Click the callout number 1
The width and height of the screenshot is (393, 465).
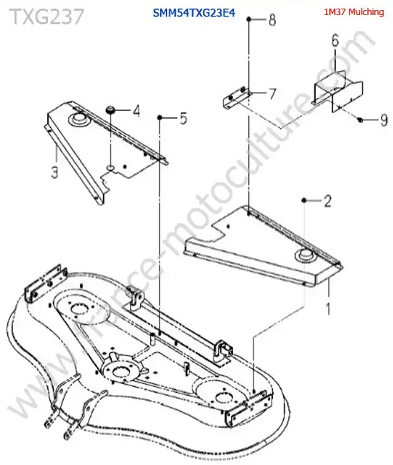pyautogui.click(x=328, y=308)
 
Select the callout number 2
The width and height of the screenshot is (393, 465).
pyautogui.click(x=327, y=201)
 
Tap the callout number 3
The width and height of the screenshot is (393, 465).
pyautogui.click(x=54, y=172)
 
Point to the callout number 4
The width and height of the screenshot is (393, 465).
pyautogui.click(x=136, y=111)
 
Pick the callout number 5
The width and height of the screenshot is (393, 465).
pyautogui.click(x=184, y=118)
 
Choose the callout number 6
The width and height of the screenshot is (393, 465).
pyautogui.click(x=335, y=41)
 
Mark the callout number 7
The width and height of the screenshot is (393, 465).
pyautogui.click(x=272, y=94)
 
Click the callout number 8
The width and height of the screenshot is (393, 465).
pyautogui.click(x=272, y=20)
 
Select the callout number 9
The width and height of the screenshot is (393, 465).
pyautogui.click(x=384, y=120)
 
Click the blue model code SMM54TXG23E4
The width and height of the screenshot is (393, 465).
pyautogui.click(x=194, y=13)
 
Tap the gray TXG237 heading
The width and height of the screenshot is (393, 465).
pyautogui.click(x=46, y=16)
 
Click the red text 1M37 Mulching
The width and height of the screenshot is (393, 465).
pyautogui.click(x=354, y=12)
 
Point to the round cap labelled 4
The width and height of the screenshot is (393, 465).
pyautogui.click(x=111, y=109)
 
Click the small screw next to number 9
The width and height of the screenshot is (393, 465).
pyautogui.click(x=360, y=120)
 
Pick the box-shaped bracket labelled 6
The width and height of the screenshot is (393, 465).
pyautogui.click(x=338, y=91)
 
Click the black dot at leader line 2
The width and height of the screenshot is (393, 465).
pyautogui.click(x=304, y=201)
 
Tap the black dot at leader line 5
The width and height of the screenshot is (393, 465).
pyautogui.click(x=160, y=118)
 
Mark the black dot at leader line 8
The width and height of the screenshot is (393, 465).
pyautogui.click(x=249, y=19)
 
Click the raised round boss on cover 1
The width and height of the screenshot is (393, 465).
pyautogui.click(x=304, y=255)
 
